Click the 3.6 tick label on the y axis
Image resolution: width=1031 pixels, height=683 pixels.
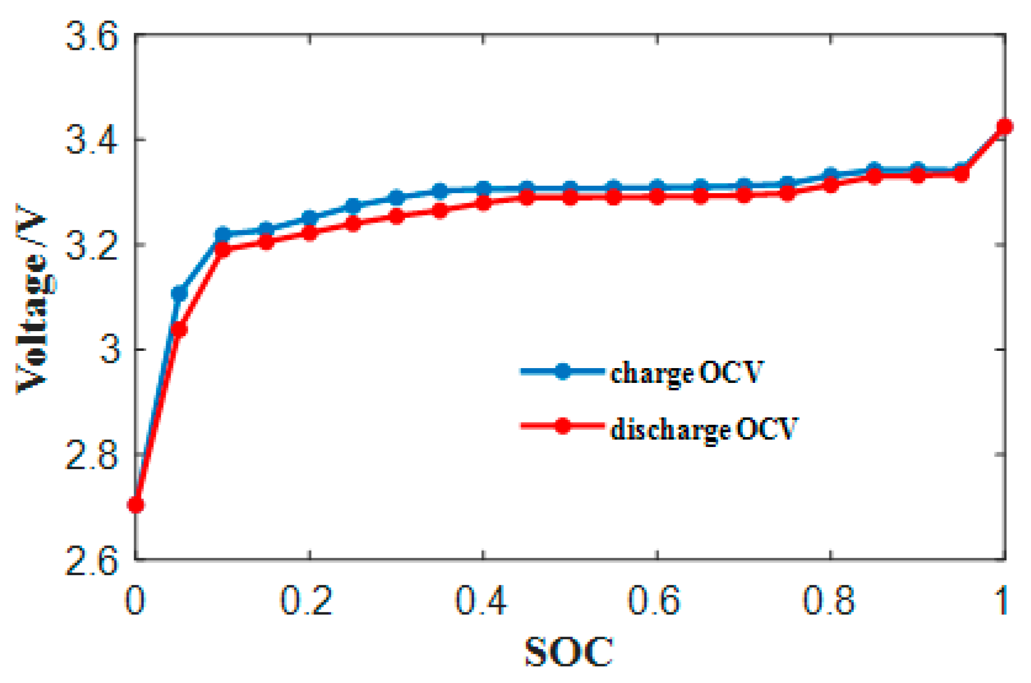92,37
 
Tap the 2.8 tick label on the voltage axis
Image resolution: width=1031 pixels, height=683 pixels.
92,456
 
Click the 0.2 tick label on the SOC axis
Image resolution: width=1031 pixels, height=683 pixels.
307,600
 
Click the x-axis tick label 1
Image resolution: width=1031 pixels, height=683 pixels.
1001,600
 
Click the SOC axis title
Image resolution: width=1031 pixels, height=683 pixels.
569,652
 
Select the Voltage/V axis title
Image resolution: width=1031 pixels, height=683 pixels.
34,299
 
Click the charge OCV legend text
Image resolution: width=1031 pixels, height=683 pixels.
687,373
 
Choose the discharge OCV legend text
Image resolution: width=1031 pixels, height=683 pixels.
704,429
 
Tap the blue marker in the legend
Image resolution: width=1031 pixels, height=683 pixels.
562,371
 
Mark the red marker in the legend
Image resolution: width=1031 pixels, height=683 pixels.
562,426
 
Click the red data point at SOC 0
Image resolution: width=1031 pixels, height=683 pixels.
136,505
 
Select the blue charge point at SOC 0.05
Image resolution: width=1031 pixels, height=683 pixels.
179,294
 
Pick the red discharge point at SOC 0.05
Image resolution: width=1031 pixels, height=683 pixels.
179,329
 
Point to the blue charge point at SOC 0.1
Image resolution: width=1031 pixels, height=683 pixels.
223,234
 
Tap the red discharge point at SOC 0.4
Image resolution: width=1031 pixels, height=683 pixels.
484,203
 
